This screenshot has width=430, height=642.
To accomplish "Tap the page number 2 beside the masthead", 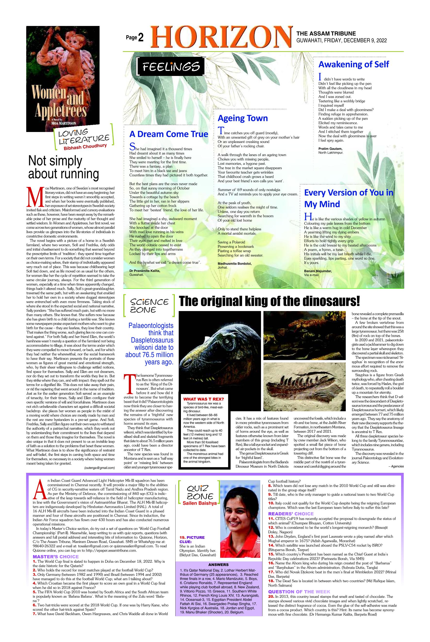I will click(141, 38).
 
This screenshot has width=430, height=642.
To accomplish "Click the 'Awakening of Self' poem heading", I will click(354, 64).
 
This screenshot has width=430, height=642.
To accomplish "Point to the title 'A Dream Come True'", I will click(169, 134).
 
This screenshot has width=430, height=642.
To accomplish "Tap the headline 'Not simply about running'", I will click(64, 167).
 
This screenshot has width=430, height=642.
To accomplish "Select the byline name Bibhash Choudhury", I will click(85, 147).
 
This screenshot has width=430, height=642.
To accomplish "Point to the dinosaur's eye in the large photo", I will click(227, 341).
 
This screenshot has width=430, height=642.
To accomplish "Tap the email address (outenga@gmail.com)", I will click(100, 468).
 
